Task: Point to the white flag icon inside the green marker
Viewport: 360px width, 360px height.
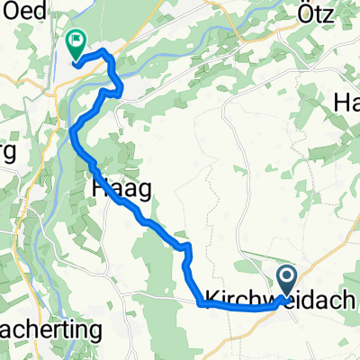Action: [x=74, y=40]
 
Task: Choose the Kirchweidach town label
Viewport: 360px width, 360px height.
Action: [x=281, y=298]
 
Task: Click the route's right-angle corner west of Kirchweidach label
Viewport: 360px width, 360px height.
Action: [x=199, y=304]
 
